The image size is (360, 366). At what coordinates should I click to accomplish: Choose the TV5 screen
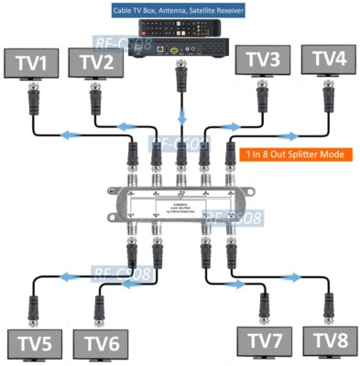(34, 344)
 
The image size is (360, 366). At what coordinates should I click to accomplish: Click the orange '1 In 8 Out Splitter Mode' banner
(293, 155)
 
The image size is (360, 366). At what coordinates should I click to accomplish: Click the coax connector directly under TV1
(35, 95)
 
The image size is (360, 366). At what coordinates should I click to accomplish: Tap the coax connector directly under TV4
(327, 92)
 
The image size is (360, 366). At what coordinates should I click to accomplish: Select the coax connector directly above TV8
(326, 306)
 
